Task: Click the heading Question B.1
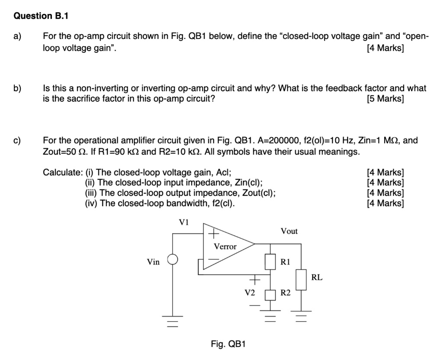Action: tap(41, 16)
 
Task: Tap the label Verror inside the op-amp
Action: tap(225, 246)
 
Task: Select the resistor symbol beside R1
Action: tap(271, 261)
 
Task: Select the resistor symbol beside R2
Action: tap(271, 294)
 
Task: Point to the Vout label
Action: tap(289, 231)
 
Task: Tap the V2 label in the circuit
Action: tap(250, 293)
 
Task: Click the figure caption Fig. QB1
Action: tap(228, 344)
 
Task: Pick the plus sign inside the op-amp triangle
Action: tap(213, 234)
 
